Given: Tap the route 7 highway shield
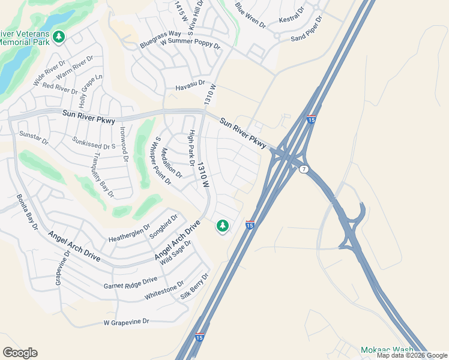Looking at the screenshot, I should point(304,169).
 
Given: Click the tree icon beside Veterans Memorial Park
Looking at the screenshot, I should point(59,37).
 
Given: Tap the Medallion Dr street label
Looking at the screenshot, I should point(171,164).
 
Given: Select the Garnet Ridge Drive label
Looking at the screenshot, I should point(130,283).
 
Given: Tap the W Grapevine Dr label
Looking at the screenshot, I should point(126,322).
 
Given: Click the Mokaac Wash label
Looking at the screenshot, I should point(387,350).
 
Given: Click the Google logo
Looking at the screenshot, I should point(20,353).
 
